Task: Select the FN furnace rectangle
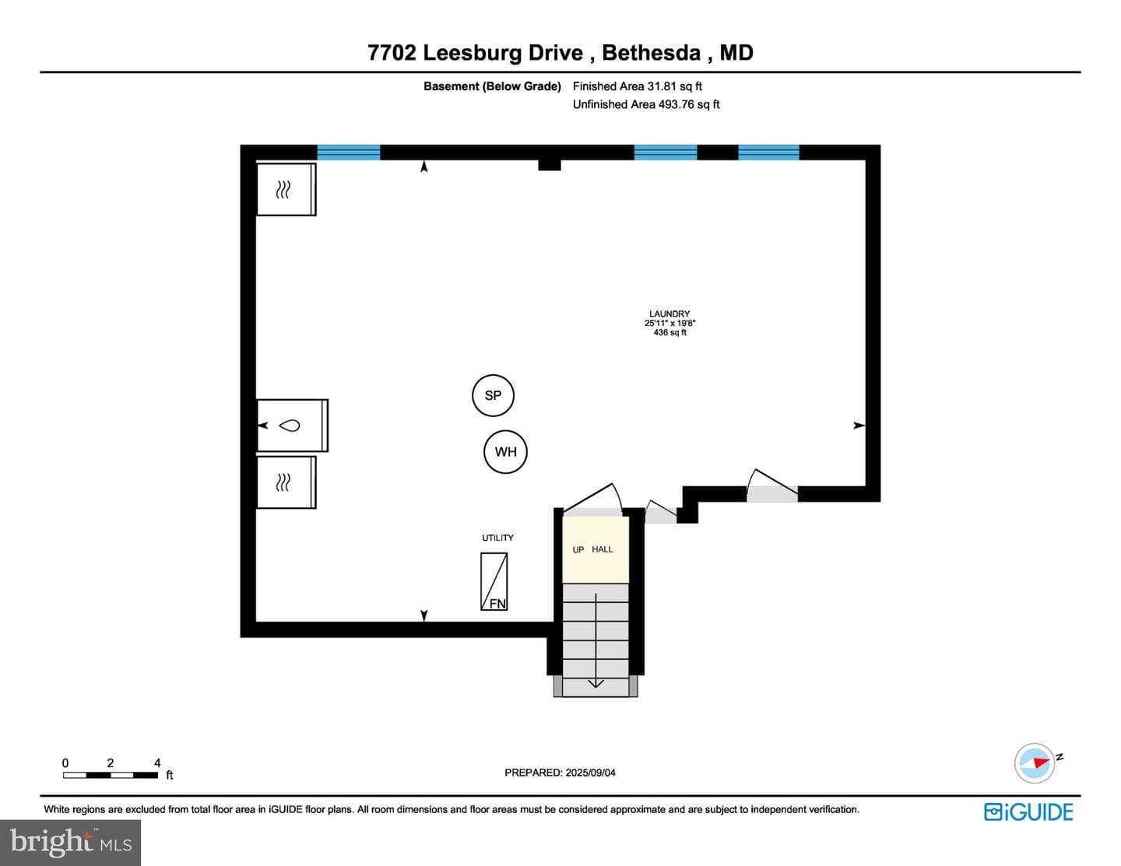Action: click(x=494, y=581)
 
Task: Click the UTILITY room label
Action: click(x=497, y=538)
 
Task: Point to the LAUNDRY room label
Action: click(x=669, y=314)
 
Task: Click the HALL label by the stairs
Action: click(x=602, y=549)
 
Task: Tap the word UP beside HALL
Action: click(x=578, y=549)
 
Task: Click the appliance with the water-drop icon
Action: click(x=292, y=426)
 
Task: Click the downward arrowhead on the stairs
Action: click(x=596, y=682)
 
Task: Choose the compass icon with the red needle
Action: click(x=1035, y=763)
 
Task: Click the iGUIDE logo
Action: click(x=1028, y=812)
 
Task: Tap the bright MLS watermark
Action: click(x=71, y=843)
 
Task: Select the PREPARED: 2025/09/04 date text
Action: click(x=560, y=772)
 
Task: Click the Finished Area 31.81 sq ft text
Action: click(x=637, y=86)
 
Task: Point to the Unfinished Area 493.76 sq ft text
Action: click(x=646, y=104)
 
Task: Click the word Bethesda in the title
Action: click(x=651, y=53)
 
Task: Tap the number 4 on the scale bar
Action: click(x=157, y=763)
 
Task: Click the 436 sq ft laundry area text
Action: click(x=669, y=332)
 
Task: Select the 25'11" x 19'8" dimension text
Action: click(x=669, y=323)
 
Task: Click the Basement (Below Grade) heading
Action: click(x=492, y=86)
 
